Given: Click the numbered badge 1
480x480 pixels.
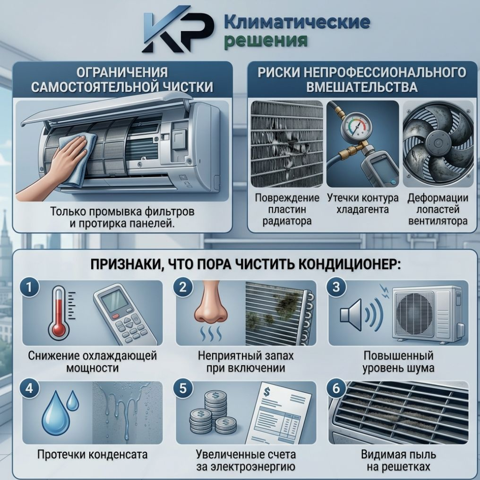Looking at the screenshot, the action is [x=29, y=288].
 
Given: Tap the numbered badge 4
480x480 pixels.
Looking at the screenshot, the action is [x=29, y=388].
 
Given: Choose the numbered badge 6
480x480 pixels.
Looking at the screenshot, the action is [x=336, y=388].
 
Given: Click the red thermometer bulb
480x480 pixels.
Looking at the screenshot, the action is [x=59, y=331].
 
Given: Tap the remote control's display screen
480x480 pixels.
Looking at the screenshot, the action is [x=115, y=301].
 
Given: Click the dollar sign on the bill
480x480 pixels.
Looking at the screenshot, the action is [x=266, y=392].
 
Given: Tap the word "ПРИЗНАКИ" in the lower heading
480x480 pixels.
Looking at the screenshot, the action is [x=125, y=264].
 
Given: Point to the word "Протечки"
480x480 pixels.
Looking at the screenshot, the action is [x=60, y=455].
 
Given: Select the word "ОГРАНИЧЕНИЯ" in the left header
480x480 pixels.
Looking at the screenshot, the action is [x=122, y=72].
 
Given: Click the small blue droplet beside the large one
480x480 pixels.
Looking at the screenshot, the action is [x=73, y=400].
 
